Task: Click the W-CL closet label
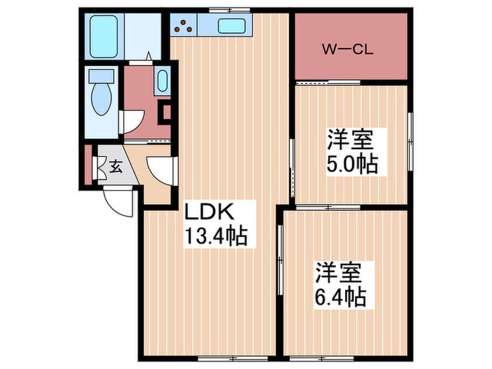point(347,49)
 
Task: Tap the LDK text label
point(211,211)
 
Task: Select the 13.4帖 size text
point(216,236)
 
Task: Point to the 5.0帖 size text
point(352,165)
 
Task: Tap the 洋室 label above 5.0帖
point(350,140)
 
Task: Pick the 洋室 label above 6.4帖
point(340,273)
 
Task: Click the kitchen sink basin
point(231,26)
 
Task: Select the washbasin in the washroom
point(162,81)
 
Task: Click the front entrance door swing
point(120,203)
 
